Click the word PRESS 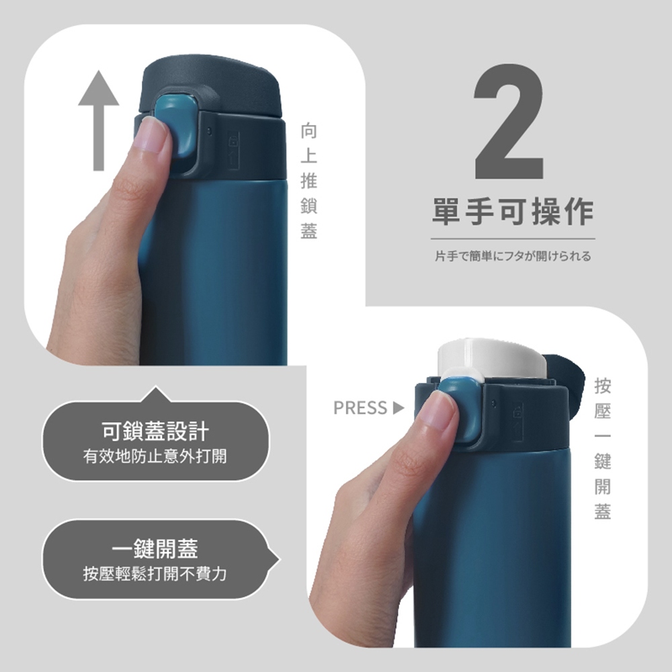[360, 408]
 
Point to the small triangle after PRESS [398, 408]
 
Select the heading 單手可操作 [513, 212]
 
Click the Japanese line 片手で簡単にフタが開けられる [513, 256]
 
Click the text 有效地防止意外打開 [155, 457]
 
